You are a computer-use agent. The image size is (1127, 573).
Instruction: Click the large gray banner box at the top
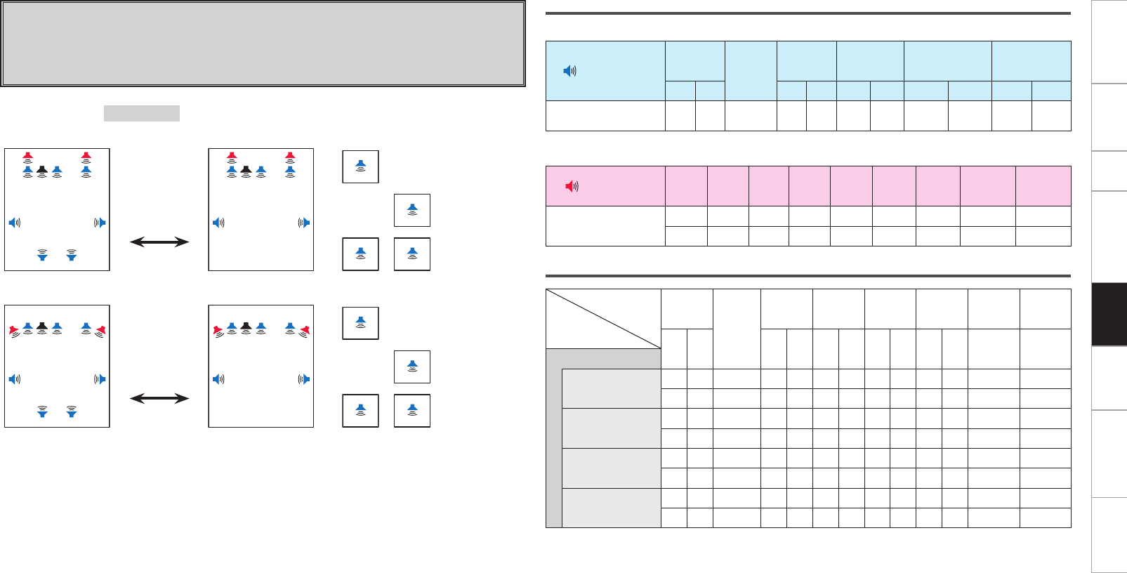coord(263,44)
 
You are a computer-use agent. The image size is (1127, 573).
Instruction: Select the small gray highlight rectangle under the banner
coord(142,113)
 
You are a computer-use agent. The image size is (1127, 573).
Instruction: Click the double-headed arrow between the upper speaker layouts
coord(159,242)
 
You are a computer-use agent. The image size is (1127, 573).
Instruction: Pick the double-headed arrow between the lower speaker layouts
coord(159,399)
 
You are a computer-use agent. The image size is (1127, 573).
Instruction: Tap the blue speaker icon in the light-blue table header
coord(570,71)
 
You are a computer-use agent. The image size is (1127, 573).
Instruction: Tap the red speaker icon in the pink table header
coord(572,186)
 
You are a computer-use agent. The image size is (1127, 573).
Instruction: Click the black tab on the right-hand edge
coord(1109,315)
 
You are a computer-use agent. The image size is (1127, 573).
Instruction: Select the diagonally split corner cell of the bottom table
coord(603,319)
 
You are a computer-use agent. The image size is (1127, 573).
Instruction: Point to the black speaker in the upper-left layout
coord(42,171)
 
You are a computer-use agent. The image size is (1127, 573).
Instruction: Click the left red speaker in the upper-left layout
coord(27,157)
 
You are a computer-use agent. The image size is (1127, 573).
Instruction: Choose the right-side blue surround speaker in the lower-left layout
coord(100,379)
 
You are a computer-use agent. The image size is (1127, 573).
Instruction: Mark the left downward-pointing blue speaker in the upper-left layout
coord(43,255)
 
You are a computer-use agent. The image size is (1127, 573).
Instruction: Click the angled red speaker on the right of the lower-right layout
coord(305,330)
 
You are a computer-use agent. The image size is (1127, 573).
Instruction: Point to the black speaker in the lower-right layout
coord(246,327)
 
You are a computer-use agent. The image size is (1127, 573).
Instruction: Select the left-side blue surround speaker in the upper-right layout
coord(218,223)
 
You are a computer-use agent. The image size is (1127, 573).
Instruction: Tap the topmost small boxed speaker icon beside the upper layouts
coord(360,166)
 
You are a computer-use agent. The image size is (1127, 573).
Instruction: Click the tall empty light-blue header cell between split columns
coord(751,70)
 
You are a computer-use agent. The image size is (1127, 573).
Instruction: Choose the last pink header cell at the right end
coord(1043,186)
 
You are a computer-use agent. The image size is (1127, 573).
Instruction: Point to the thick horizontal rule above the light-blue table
coord(808,13)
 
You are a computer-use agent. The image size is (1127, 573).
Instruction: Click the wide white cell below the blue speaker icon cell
coord(605,116)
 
